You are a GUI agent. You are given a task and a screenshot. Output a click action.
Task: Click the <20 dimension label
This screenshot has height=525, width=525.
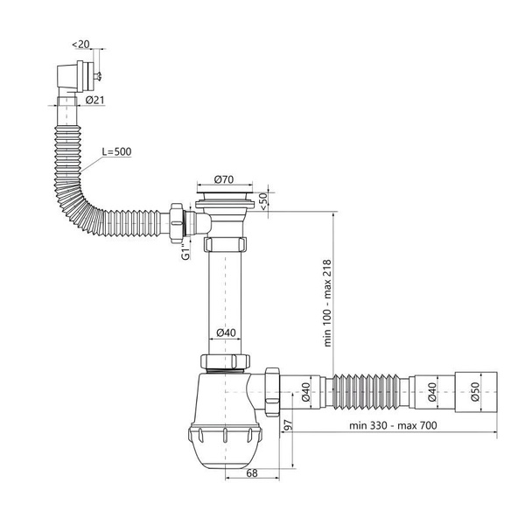click(x=80, y=44)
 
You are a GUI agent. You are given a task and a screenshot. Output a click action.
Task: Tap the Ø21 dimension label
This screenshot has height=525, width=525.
click(x=94, y=100)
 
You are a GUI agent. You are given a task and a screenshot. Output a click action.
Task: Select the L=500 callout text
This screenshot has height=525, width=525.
click(x=116, y=151)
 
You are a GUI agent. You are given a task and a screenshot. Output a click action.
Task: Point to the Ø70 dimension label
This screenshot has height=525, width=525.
click(x=224, y=179)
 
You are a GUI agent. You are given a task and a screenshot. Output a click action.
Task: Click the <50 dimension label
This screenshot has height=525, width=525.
click(x=263, y=201)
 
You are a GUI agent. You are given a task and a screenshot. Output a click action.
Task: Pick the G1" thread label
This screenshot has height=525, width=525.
click(x=185, y=252)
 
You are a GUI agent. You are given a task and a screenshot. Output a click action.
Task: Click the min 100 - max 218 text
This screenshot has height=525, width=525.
click(x=327, y=303)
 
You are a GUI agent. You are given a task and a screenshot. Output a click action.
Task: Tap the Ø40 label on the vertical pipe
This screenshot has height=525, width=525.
click(x=226, y=332)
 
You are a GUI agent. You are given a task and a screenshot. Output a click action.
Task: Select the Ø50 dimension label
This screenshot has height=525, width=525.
click(x=475, y=392)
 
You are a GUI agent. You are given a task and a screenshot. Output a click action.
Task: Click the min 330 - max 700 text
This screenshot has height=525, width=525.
click(x=393, y=425)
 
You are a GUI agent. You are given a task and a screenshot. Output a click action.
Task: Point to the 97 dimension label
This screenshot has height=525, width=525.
click(x=288, y=424)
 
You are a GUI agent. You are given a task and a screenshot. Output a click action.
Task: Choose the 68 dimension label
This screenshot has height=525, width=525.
click(x=252, y=473)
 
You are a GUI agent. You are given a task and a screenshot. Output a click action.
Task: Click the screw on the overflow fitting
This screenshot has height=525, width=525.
click(x=97, y=77)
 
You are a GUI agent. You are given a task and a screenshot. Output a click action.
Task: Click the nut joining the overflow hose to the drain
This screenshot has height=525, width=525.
click(x=177, y=222)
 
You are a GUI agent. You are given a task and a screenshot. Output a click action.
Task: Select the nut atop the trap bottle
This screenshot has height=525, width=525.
click(x=225, y=360)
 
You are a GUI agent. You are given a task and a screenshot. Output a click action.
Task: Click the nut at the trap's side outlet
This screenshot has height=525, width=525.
click(x=272, y=391)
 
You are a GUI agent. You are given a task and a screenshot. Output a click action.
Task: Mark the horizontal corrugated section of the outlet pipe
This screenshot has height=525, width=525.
click(x=367, y=392)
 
